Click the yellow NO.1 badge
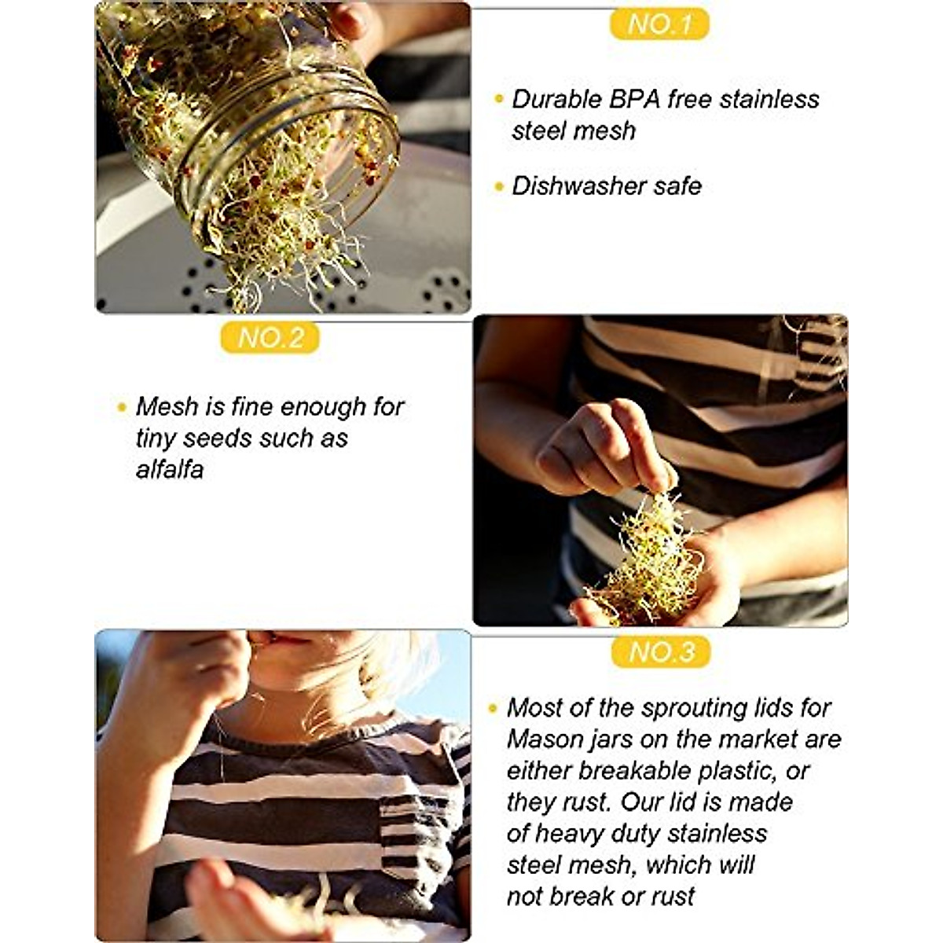(x=659, y=24)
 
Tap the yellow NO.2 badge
(x=270, y=338)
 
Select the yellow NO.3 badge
(x=662, y=652)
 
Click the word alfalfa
(x=170, y=469)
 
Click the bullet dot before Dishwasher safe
(x=498, y=187)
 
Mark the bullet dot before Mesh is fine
(x=122, y=407)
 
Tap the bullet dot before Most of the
(x=493, y=708)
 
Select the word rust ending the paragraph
(x=672, y=897)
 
